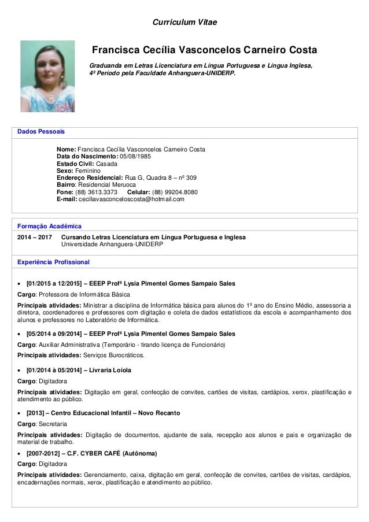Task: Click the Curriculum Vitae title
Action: (184, 23)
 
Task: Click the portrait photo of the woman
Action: (47, 76)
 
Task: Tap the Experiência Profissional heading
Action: (54, 262)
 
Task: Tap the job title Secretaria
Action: (53, 424)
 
